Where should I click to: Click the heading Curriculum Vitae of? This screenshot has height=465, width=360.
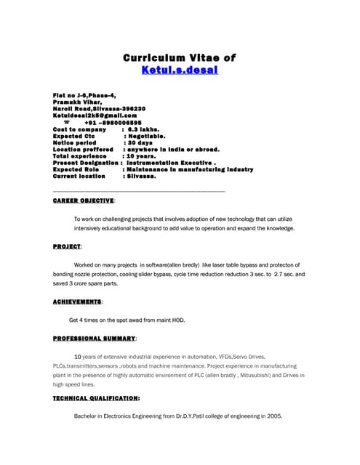click(180, 57)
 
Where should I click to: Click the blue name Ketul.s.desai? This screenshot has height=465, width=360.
click(180, 70)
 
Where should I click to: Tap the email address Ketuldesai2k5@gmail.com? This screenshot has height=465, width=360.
click(95, 115)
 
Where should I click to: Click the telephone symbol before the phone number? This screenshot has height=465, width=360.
click(66, 122)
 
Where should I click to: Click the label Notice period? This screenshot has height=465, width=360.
click(74, 142)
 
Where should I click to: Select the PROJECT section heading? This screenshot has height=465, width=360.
click(67, 247)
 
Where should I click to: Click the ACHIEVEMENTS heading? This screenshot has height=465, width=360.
click(77, 301)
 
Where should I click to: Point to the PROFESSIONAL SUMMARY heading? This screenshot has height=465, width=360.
click(95, 339)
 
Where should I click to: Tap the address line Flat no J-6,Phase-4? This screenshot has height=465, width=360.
click(84, 95)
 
